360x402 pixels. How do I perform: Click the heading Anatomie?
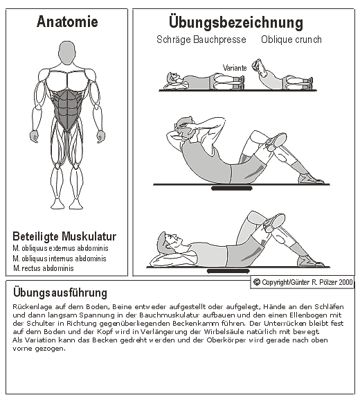[67, 21]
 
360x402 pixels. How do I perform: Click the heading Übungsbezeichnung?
[236, 22]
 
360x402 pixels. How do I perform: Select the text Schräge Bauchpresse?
[201, 40]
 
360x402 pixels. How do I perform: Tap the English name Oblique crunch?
[291, 40]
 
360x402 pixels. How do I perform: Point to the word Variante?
[235, 68]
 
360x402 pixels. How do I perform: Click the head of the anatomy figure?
[67, 53]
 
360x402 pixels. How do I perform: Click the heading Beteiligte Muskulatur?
[64, 236]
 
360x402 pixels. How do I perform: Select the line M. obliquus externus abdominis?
[60, 248]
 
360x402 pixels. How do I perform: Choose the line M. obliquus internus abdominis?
[60, 259]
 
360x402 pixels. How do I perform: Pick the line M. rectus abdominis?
[44, 268]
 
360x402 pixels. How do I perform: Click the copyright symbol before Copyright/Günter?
[257, 282]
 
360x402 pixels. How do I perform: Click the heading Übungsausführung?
[60, 292]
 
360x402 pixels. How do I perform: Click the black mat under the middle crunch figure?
[232, 189]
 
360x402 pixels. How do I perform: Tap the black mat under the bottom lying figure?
[228, 271]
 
